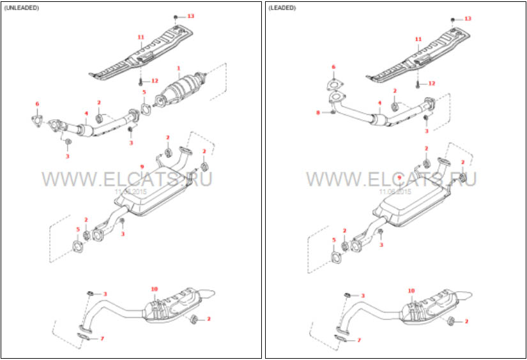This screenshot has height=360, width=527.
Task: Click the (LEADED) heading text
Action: [x=282, y=8]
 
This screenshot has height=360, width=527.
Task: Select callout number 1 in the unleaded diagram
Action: [x=179, y=68]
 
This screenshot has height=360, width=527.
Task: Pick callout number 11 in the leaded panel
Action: [x=418, y=39]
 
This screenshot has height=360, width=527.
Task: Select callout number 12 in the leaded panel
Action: [x=432, y=84]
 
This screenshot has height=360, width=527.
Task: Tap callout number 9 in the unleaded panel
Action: [x=141, y=167]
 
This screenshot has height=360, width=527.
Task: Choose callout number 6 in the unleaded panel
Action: [x=37, y=103]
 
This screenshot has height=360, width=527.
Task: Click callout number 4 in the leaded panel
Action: [x=379, y=103]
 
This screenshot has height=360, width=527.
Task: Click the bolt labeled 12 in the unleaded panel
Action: [x=140, y=82]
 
